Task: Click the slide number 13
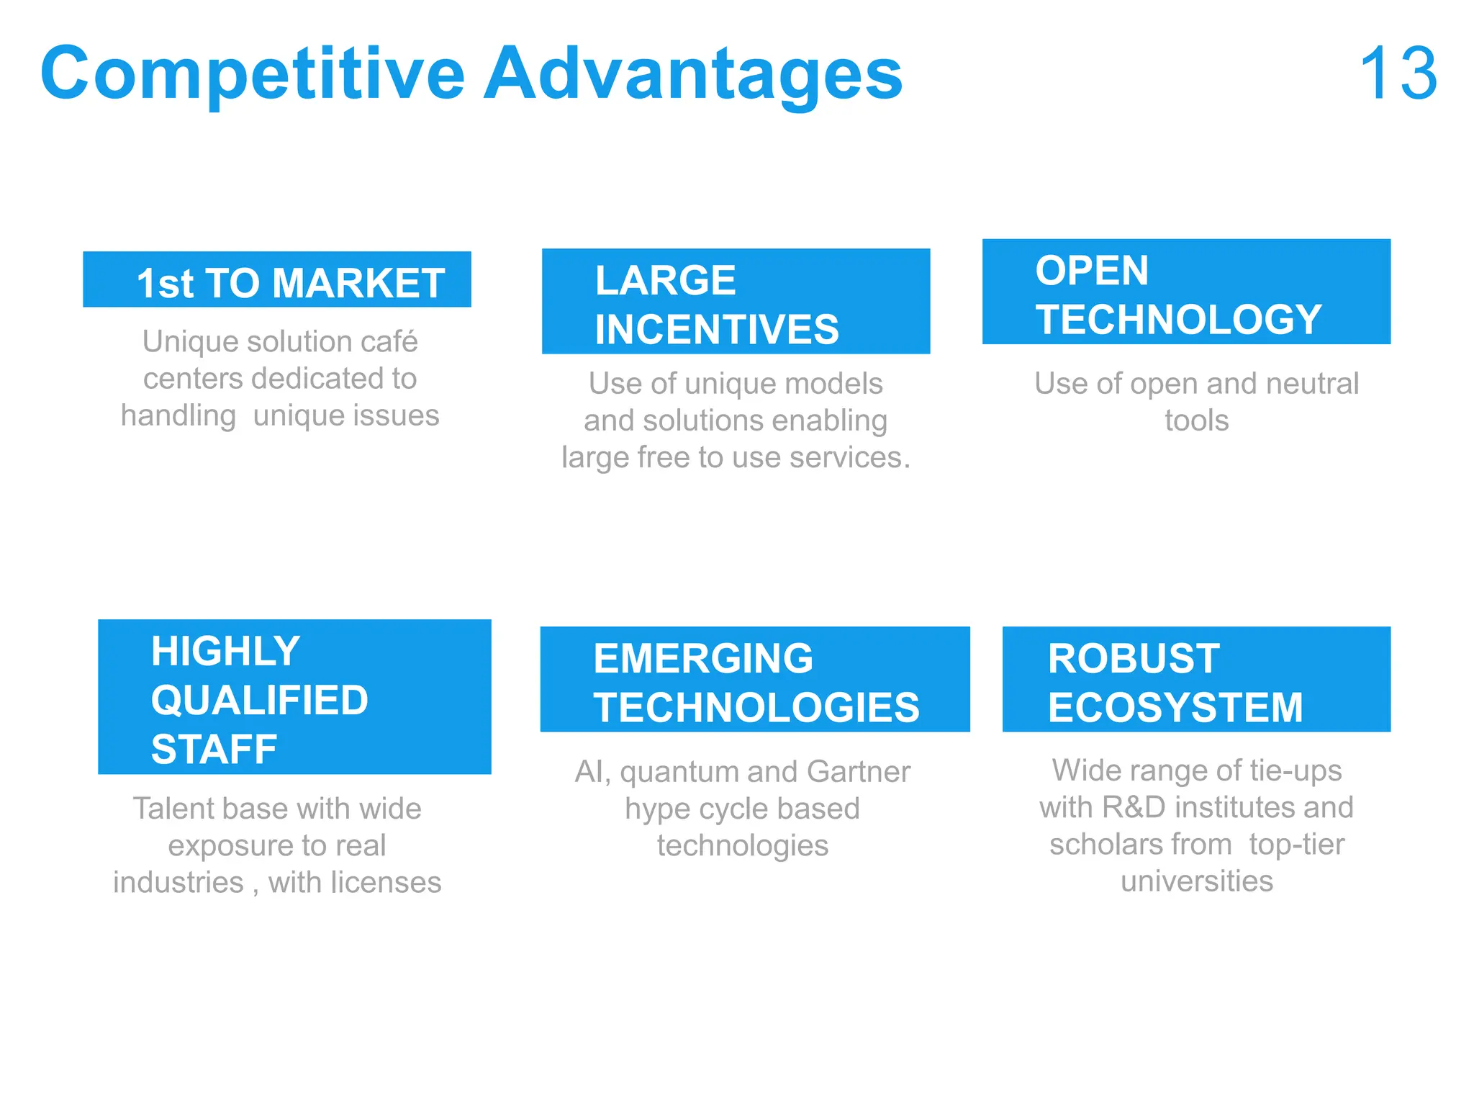click(1398, 73)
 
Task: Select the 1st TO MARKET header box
click(277, 280)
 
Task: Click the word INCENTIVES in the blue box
click(717, 330)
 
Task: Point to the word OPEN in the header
click(1092, 271)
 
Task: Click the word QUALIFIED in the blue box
click(259, 700)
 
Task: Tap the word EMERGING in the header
click(703, 658)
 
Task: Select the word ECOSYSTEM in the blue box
click(1175, 707)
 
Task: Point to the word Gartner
click(859, 772)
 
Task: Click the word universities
click(1197, 881)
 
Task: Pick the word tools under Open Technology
click(1197, 421)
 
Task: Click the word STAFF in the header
click(214, 749)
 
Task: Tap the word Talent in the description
click(172, 809)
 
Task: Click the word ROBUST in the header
click(1134, 658)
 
